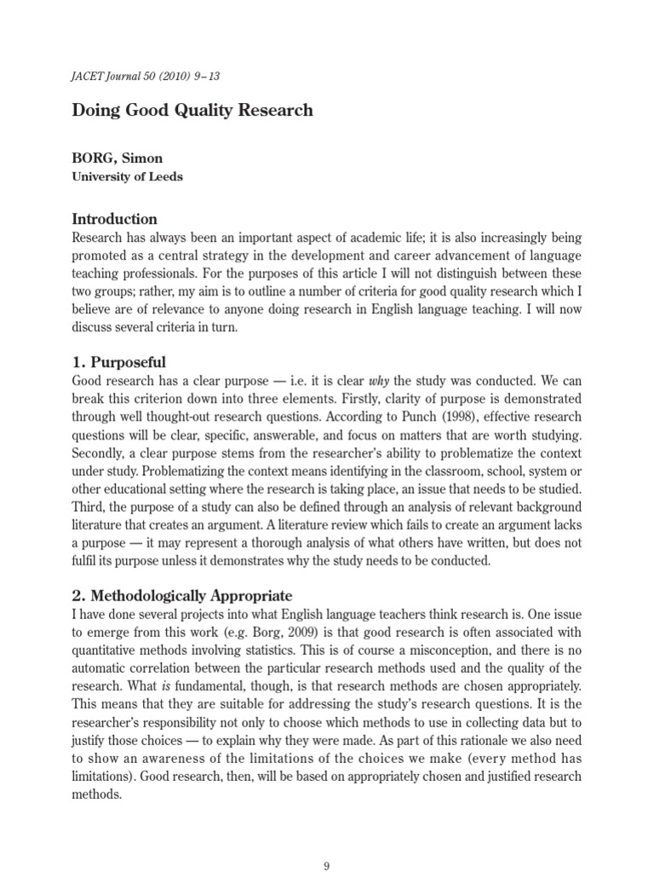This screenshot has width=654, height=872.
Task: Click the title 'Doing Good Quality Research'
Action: point(192,110)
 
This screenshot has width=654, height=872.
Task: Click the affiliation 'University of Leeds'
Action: point(127,177)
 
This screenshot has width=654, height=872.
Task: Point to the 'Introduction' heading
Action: point(115,219)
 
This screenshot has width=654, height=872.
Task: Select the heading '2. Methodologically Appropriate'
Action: point(182,595)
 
